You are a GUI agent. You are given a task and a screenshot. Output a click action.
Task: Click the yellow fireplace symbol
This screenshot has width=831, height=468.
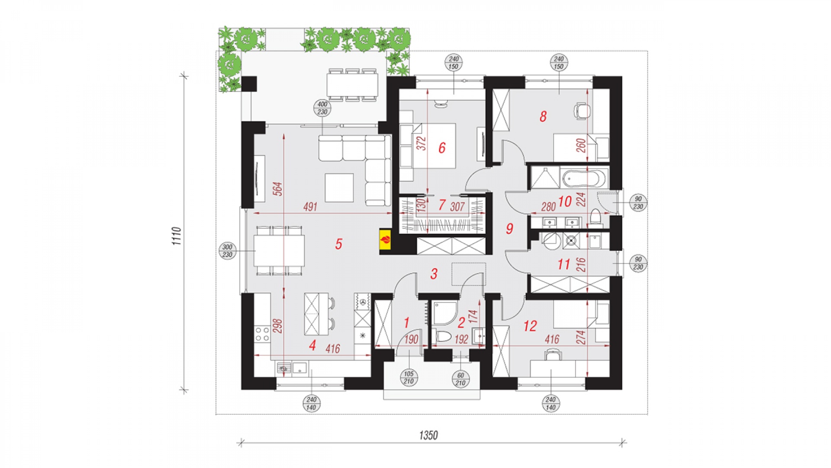coord(385,239)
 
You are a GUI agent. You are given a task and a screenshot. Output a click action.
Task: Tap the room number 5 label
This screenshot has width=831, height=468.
coord(338,244)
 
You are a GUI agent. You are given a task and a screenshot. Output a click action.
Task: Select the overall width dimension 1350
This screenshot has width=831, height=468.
coord(428,435)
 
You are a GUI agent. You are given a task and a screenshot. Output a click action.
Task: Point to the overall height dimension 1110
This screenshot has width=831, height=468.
coord(177,236)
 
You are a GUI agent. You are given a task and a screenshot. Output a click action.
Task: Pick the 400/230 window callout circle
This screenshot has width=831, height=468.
coord(322,108)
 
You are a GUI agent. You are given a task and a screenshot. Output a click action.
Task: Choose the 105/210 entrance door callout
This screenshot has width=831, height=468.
coord(409,377)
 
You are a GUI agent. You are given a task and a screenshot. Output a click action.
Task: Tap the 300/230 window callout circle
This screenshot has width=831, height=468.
coord(228,251)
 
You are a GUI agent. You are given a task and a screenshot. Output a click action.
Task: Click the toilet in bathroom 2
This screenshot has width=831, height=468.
coord(443,336)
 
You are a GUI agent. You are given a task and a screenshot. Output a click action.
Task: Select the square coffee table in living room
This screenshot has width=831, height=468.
coord(339,188)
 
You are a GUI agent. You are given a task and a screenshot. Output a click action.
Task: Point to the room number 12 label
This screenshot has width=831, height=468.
coord(530,326)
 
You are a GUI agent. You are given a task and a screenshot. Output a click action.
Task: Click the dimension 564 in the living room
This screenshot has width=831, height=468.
coord(278,189)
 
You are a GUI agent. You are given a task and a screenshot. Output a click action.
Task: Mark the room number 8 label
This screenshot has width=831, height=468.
coord(543,116)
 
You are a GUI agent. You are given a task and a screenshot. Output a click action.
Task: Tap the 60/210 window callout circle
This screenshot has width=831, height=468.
coord(461,379)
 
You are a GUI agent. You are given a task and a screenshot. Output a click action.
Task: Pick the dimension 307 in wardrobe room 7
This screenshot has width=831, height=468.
coord(457,207)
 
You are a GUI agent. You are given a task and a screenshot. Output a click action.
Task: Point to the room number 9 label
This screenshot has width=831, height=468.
coord(509,228)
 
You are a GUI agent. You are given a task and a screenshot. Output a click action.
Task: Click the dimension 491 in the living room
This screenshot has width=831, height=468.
coord(310,207)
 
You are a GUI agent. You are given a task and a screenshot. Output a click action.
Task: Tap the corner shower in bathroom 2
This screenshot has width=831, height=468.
coord(445,313)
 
